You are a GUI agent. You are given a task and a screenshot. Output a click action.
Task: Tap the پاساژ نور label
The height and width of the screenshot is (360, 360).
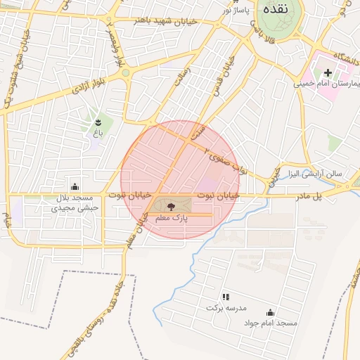point(237,10)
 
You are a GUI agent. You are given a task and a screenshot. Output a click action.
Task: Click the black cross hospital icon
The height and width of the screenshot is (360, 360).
point(328,72)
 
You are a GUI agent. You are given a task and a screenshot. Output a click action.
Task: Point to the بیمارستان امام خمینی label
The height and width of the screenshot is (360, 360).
point(329,84)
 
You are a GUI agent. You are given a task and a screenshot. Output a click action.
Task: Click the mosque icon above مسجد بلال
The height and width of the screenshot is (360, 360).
point(75,186)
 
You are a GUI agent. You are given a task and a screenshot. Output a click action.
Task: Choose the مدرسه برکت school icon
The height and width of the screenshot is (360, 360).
point(225,297)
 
